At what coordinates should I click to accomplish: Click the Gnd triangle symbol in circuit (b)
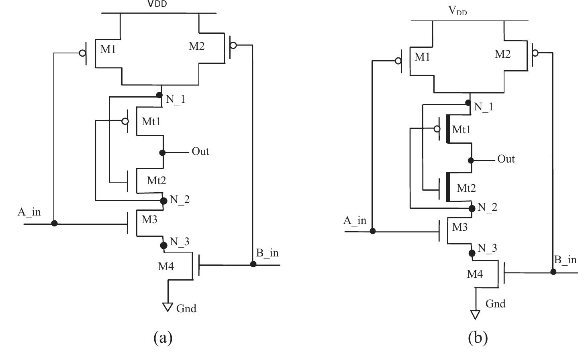tap(475, 314)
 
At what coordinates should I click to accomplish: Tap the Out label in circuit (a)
tap(200, 151)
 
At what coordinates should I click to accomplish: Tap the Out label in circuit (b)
tap(506, 159)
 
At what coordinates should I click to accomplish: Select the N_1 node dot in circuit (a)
tap(159, 95)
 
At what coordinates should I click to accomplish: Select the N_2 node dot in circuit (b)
tap(472, 208)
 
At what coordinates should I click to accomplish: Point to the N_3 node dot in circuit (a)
tap(163, 245)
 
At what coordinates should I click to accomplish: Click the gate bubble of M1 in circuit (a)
tap(82, 53)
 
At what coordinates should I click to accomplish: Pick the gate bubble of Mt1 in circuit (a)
tap(125, 121)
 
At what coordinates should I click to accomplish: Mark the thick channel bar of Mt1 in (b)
tap(448, 129)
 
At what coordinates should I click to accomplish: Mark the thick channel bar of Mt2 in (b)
tap(448, 187)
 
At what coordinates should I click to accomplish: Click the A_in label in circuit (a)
tap(29, 212)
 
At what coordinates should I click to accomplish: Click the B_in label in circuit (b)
tap(565, 260)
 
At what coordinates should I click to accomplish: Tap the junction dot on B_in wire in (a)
tap(253, 264)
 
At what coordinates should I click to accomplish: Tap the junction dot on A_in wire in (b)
tap(373, 231)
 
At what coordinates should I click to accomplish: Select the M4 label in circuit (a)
tap(165, 266)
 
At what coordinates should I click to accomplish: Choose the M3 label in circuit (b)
tap(459, 227)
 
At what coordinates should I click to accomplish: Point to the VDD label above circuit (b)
tap(457, 10)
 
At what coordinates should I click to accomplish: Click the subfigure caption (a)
tap(163, 337)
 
